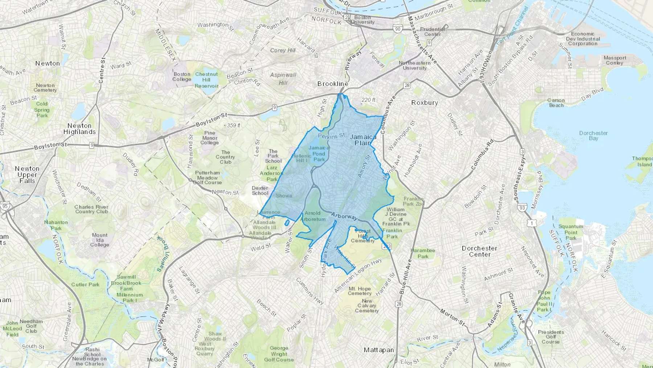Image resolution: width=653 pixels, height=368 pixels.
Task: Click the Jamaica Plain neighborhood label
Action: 363,140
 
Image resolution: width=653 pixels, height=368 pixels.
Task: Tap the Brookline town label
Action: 333,84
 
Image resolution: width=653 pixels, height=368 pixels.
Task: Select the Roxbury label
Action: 424,103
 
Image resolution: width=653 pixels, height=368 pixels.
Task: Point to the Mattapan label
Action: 379,350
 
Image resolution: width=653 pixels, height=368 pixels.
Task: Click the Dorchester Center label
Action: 480,251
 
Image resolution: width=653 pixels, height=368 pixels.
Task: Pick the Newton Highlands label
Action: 79,129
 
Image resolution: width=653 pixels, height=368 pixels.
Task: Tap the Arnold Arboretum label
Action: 313,216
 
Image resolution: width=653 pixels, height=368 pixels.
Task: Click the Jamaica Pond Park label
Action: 319,153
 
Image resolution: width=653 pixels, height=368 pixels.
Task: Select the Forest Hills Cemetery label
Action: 363,236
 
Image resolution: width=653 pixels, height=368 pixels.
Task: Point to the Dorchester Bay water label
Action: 594,136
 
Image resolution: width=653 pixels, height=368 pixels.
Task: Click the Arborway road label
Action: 344,217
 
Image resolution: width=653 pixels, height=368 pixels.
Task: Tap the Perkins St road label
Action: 331,136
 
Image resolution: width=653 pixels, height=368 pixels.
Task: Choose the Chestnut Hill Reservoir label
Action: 206,80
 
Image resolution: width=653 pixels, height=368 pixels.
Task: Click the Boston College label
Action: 182,77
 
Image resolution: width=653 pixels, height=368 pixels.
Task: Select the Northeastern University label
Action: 415,65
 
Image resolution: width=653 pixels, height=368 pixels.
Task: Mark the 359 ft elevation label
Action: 234,125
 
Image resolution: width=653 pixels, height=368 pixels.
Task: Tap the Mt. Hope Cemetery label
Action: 360,291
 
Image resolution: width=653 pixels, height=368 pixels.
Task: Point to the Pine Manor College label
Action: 210,138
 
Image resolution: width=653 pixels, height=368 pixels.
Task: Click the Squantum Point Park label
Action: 571,232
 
